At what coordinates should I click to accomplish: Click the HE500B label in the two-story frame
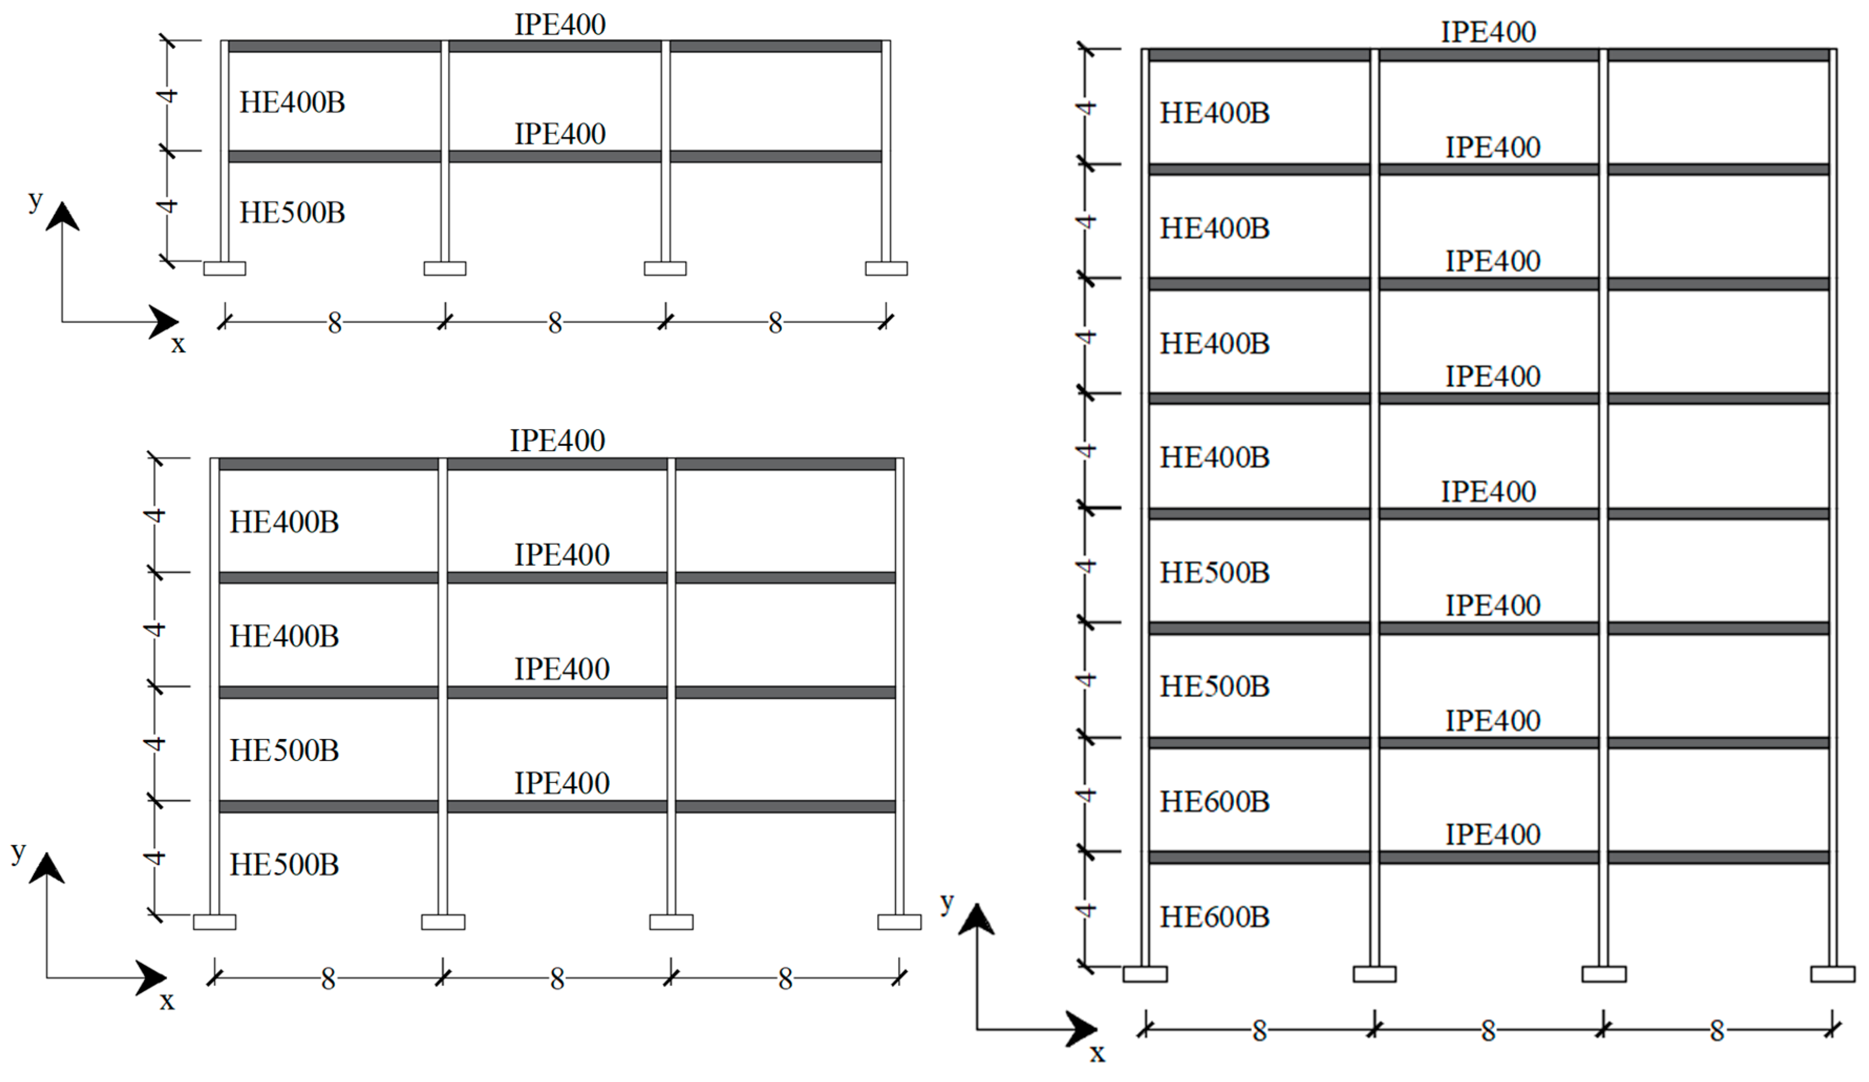292,213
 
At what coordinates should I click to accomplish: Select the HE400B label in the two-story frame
292,102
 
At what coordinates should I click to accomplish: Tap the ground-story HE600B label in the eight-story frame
1214,917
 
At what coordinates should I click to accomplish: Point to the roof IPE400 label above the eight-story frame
1488,32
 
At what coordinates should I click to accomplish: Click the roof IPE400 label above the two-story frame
560,25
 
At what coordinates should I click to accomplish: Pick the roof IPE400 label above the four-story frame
557,441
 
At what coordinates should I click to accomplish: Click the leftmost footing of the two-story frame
225,269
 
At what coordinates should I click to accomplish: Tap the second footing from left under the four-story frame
443,922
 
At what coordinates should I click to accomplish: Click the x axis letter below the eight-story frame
1097,1053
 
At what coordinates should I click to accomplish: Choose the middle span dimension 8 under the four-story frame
557,980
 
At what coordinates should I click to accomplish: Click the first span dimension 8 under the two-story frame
335,323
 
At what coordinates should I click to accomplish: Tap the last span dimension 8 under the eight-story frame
1717,1031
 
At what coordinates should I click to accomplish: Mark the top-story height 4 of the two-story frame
168,95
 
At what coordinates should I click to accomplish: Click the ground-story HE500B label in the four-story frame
284,865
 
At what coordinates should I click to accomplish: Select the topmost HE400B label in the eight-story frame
1214,113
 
